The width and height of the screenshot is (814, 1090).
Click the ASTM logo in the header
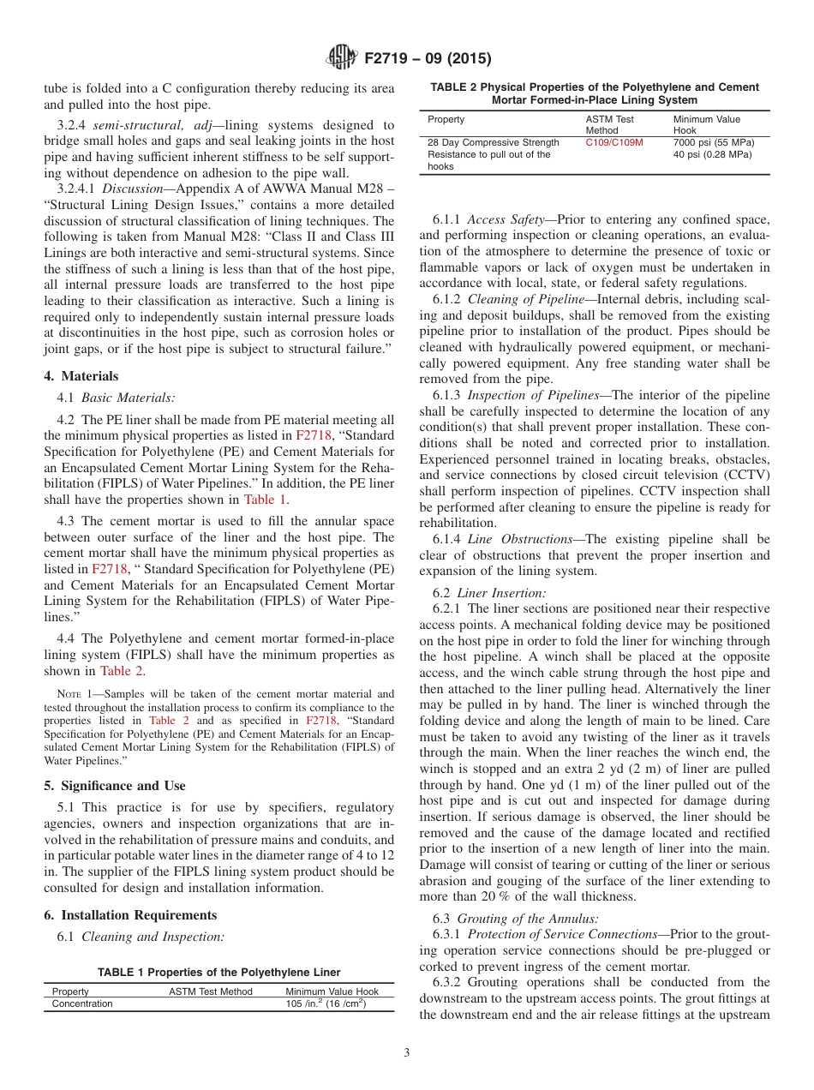click(342, 59)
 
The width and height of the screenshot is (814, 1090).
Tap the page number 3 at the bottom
click(407, 1052)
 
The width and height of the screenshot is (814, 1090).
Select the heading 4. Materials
click(81, 375)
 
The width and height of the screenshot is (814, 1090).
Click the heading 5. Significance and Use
click(115, 785)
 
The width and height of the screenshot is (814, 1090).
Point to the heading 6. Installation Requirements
click(130, 914)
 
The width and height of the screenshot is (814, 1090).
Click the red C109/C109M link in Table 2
click(614, 142)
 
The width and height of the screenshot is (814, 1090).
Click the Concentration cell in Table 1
click(82, 1003)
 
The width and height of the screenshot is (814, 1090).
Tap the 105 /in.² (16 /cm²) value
click(326, 1003)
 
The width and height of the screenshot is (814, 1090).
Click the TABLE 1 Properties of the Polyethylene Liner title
click(218, 972)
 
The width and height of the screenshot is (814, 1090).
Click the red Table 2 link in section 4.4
click(122, 671)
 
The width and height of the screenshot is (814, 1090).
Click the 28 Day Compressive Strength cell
click(494, 142)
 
